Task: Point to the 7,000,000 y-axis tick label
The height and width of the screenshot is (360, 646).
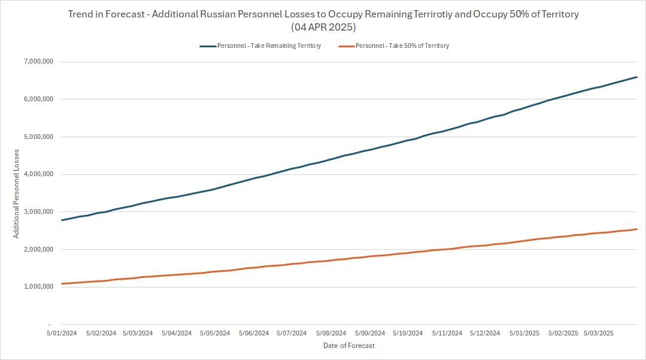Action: pyautogui.click(x=37, y=62)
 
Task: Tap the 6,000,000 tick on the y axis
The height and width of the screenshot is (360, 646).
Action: pyautogui.click(x=37, y=99)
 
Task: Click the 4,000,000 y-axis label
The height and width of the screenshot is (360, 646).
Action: pyautogui.click(x=37, y=174)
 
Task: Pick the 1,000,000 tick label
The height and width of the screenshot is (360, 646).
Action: pyautogui.click(x=37, y=287)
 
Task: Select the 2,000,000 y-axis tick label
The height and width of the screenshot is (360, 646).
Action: pyautogui.click(x=37, y=249)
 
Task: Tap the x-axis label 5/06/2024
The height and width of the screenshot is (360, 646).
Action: pyautogui.click(x=255, y=333)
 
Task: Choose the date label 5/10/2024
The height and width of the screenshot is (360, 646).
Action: pyautogui.click(x=410, y=333)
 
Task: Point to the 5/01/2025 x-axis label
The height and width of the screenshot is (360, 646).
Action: pyautogui.click(x=524, y=333)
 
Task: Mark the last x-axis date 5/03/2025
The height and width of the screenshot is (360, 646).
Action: pyautogui.click(x=598, y=333)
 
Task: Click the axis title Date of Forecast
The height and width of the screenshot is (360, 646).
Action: pyautogui.click(x=348, y=346)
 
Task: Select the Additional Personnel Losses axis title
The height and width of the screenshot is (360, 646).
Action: pyautogui.click(x=16, y=193)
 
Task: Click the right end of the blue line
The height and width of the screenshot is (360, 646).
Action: pyautogui.click(x=636, y=77)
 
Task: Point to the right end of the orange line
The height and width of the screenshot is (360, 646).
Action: pyautogui.click(x=636, y=229)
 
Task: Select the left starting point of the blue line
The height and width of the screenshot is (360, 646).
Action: pyautogui.click(x=62, y=220)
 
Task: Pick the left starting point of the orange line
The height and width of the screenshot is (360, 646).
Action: pyautogui.click(x=62, y=284)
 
